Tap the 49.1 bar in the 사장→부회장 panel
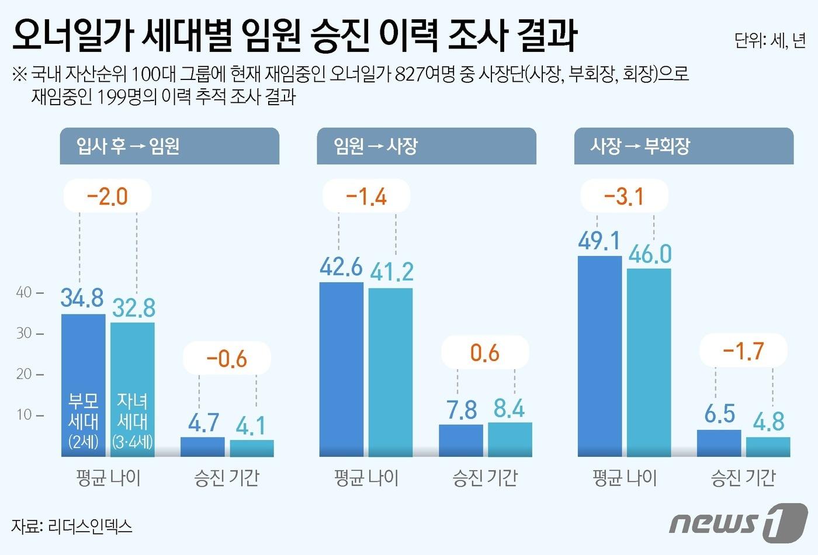[599, 356]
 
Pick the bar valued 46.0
[649, 362]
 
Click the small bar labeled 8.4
[509, 439]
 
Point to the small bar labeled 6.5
[719, 443]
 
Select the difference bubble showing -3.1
[624, 196]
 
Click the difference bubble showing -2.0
[107, 196]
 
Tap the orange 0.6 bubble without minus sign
[485, 353]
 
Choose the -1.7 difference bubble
[743, 351]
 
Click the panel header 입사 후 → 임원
[169, 146]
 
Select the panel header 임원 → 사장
[426, 146]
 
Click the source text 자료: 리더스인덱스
[72, 526]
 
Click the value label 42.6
[341, 267]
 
